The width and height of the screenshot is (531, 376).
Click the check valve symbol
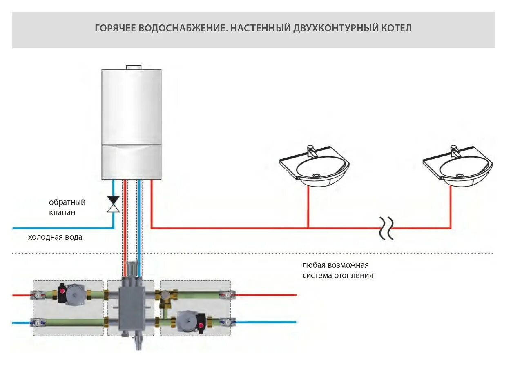click(113, 204)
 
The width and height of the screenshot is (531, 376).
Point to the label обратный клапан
click(67, 207)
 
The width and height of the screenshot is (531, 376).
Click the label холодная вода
click(55, 237)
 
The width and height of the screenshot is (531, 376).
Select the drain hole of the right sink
click(459, 176)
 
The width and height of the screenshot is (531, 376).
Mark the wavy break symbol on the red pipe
click(386, 228)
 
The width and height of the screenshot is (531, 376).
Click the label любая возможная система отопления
click(337, 270)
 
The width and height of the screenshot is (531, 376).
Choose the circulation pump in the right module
click(189, 320)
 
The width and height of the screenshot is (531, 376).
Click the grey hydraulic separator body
click(131, 304)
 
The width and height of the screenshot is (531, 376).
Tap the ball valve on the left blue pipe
click(38, 323)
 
